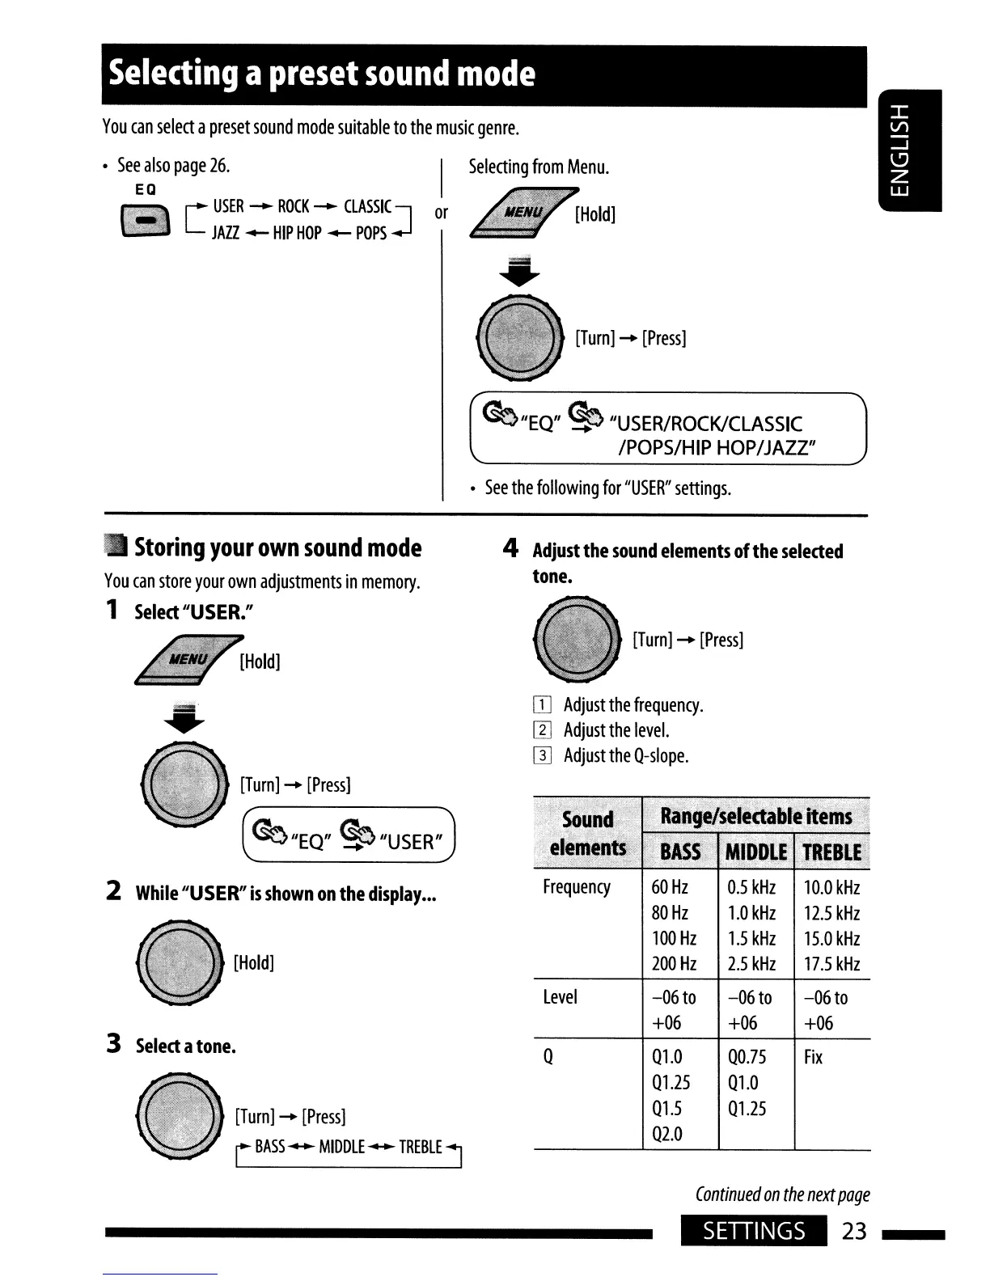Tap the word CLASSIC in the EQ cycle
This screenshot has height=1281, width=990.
[367, 206]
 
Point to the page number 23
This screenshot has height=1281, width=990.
[854, 1231]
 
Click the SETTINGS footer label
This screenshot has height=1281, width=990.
[754, 1231]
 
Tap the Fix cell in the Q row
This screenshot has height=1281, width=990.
[813, 1057]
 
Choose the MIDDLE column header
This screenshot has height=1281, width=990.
[756, 852]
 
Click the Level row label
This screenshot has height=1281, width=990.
[561, 997]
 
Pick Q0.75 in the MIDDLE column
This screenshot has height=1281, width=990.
[747, 1057]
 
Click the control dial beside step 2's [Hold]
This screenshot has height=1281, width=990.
[180, 962]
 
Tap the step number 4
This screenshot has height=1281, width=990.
[510, 549]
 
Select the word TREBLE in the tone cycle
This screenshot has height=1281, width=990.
[421, 1147]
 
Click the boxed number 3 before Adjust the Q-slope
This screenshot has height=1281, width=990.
[542, 755]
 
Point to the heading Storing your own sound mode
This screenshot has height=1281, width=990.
[277, 547]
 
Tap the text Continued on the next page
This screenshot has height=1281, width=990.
[782, 1194]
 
